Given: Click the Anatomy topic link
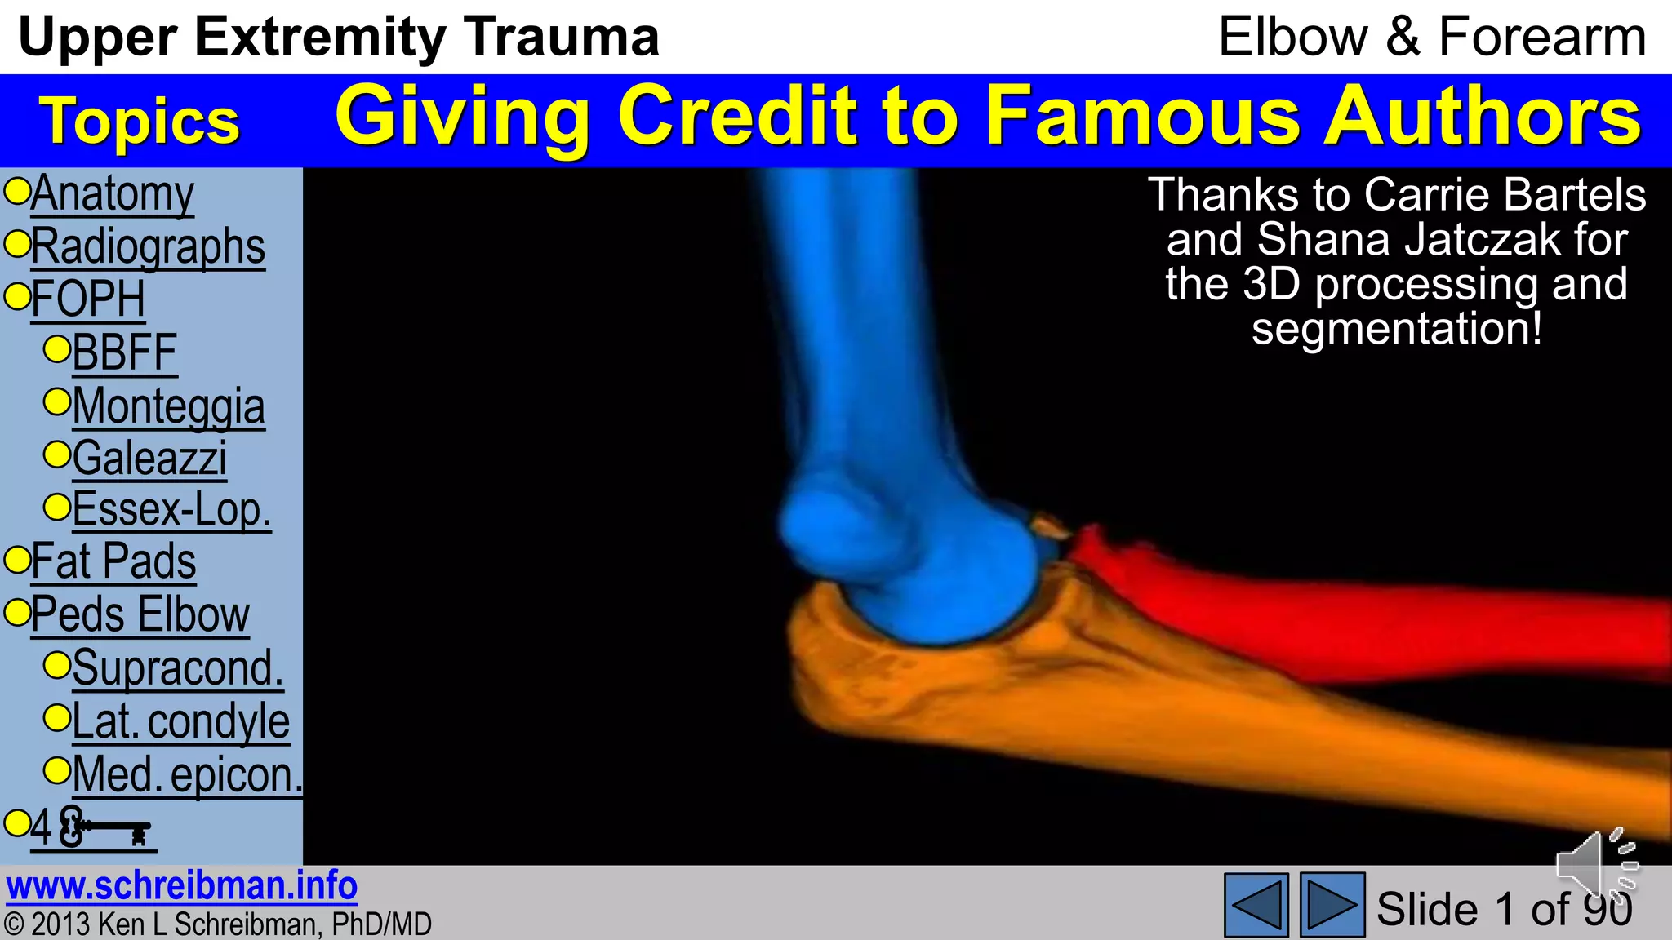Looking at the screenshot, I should [113, 194].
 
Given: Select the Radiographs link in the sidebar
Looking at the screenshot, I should [148, 246].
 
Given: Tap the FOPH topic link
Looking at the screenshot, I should [88, 299].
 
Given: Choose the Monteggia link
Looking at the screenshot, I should [168, 406].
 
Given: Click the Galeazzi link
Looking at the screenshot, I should [149, 458].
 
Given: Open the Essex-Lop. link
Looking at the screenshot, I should [171, 510].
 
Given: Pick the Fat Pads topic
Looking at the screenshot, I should [113, 561].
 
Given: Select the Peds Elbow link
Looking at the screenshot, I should [140, 614].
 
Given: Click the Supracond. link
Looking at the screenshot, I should [178, 668].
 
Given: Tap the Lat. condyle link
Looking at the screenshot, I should [180, 721].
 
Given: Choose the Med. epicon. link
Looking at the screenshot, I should [187, 774].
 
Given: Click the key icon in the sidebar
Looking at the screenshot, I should [106, 828].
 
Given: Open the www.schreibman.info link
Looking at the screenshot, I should [181, 886].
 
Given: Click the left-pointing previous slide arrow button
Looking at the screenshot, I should [1256, 905].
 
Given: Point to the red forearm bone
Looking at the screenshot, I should [1347, 620].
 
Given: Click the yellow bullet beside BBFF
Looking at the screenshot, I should [57, 349].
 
